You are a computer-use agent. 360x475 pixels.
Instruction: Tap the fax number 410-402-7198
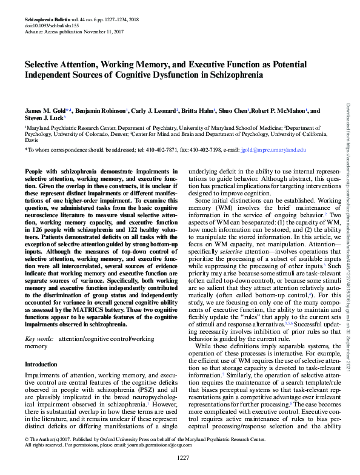(217, 149)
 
